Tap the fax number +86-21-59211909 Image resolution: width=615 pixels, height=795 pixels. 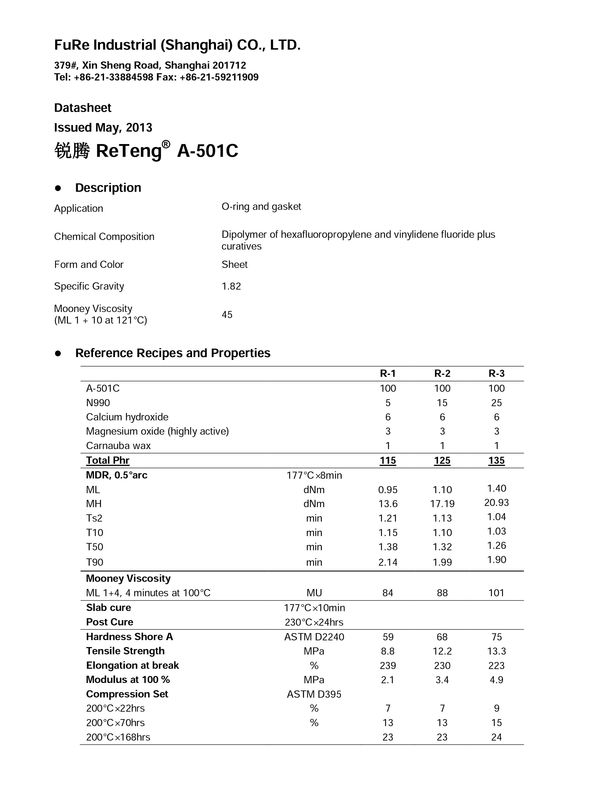tap(219, 77)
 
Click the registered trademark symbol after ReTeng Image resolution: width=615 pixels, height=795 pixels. tap(166, 145)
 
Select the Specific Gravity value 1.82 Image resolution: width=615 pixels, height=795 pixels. tap(231, 286)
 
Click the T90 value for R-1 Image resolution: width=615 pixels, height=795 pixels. tap(388, 562)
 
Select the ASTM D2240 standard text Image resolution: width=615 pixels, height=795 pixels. tap(314, 637)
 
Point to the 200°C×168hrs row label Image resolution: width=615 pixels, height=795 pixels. tap(118, 737)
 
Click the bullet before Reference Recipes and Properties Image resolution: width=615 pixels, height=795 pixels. tap(58, 353)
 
